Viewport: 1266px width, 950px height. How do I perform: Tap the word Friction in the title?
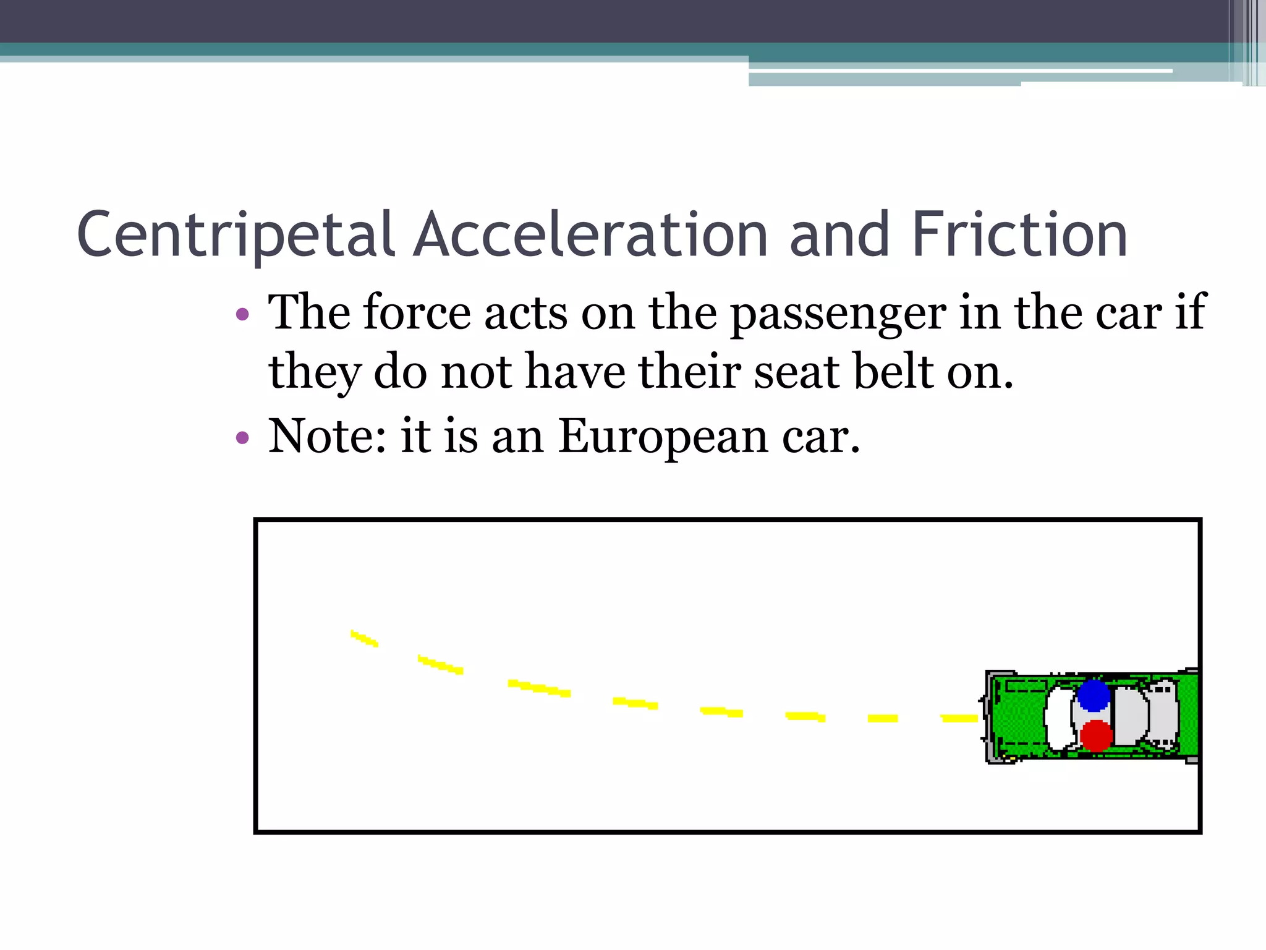tap(1019, 235)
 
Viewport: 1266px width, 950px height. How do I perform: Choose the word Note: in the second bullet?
tap(328, 437)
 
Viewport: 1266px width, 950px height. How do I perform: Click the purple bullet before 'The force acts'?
tap(242, 314)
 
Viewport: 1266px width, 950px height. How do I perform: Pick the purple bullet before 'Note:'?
tap(242, 439)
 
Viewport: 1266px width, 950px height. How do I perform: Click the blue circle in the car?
tap(1094, 695)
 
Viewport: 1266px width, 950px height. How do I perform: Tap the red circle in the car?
tap(1097, 735)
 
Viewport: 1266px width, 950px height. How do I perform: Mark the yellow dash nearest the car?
tap(959, 718)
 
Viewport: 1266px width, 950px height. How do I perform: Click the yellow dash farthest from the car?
tap(364, 638)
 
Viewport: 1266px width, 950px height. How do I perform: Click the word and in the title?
tap(841, 235)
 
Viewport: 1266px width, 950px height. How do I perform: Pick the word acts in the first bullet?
tap(526, 313)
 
